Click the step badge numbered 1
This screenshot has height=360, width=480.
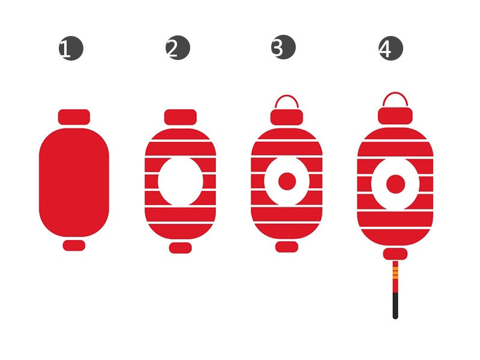pyautogui.click(x=71, y=49)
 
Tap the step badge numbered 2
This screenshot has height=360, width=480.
pyautogui.click(x=178, y=48)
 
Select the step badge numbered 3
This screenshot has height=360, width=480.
pyautogui.click(x=283, y=47)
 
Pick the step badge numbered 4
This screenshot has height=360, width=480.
pyautogui.click(x=391, y=49)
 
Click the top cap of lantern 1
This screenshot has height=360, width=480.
pyautogui.click(x=74, y=117)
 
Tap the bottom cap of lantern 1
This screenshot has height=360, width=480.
pyautogui.click(x=74, y=245)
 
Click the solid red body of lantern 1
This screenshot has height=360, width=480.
pyautogui.click(x=74, y=182)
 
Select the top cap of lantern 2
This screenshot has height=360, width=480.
pyautogui.click(x=181, y=117)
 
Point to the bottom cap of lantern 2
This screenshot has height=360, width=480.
pyautogui.click(x=181, y=248)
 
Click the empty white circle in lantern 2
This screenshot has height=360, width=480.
pyautogui.click(x=181, y=181)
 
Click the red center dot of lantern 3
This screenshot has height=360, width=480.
pyautogui.click(x=287, y=181)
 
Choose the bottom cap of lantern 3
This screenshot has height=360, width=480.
pyautogui.click(x=287, y=247)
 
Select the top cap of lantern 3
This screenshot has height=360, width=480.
pyautogui.click(x=287, y=117)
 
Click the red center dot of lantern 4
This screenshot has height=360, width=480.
pyautogui.click(x=396, y=184)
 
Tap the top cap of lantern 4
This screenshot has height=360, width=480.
pyautogui.click(x=395, y=116)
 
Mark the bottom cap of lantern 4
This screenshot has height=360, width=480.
pyautogui.click(x=395, y=254)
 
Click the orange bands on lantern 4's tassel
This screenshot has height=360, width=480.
pyautogui.click(x=395, y=272)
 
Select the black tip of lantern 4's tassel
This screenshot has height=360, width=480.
pyautogui.click(x=395, y=306)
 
